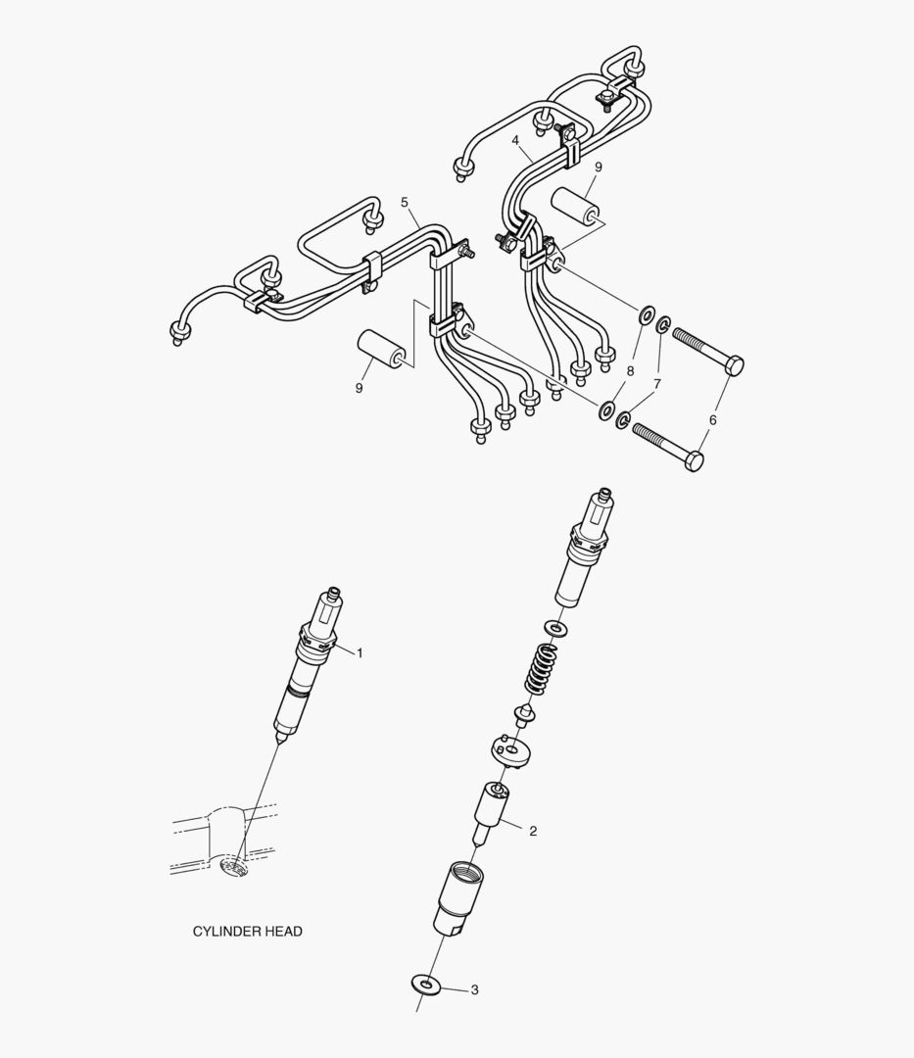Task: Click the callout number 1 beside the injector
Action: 360,652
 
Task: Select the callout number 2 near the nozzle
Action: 533,831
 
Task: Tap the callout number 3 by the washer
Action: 474,990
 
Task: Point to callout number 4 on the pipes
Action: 515,141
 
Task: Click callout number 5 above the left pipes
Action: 405,202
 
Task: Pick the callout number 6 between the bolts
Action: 712,419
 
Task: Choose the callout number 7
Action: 657,385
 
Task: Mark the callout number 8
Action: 630,371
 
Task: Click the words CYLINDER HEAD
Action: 247,932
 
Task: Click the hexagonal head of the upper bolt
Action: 733,365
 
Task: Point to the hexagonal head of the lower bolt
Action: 694,460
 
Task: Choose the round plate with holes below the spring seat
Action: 509,751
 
